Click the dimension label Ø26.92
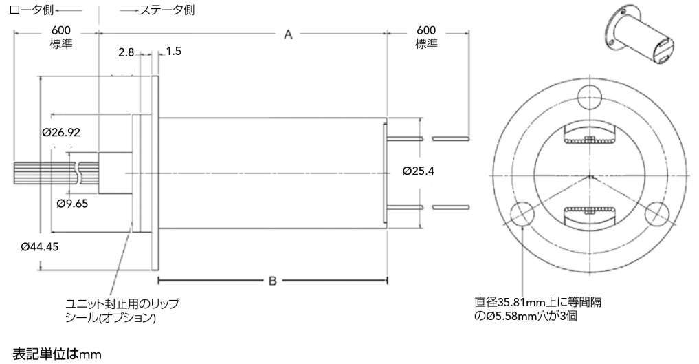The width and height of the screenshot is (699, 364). click(x=60, y=132)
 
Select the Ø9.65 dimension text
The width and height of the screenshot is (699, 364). click(x=72, y=203)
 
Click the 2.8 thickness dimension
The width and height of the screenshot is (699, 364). click(x=126, y=52)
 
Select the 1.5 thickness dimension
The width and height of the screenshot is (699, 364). click(x=173, y=52)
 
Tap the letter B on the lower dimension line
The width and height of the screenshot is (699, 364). click(x=272, y=281)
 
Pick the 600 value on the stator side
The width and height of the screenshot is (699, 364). click(x=426, y=30)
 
